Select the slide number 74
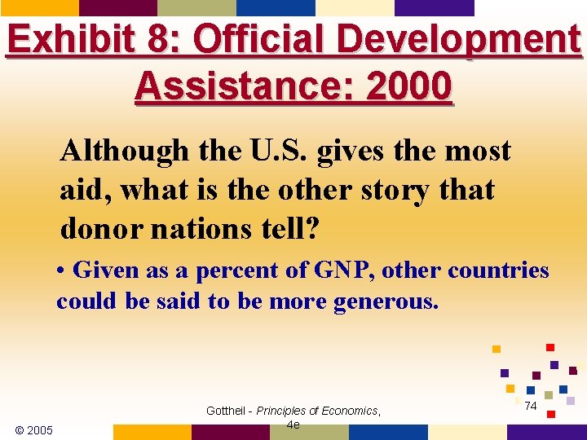(x=530, y=406)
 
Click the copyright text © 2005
(x=34, y=429)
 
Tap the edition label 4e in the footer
(x=293, y=425)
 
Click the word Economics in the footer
(x=350, y=411)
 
